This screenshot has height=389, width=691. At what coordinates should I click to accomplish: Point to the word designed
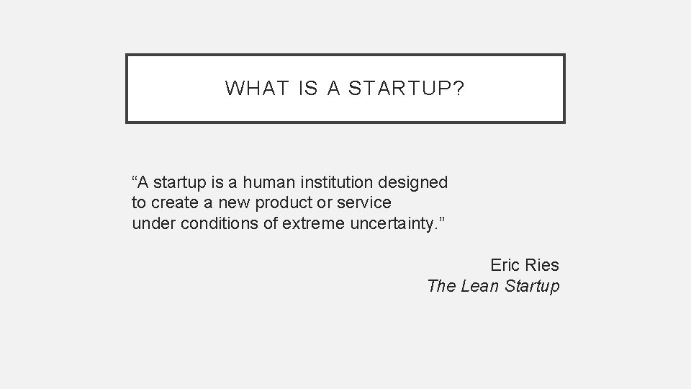point(415,183)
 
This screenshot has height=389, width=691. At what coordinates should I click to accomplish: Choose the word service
point(366,203)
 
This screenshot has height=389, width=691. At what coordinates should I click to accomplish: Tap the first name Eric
point(506,265)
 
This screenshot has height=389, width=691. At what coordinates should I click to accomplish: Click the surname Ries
point(543,265)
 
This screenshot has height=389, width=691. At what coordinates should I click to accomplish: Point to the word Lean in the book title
point(479,286)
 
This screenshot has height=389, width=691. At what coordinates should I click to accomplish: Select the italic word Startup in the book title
point(532,286)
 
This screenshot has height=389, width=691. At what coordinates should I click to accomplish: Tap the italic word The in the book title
point(441,286)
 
